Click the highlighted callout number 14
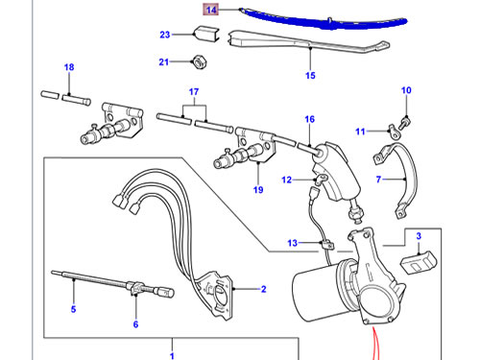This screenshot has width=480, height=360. pos(211,10)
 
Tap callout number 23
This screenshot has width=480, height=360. pos(165,35)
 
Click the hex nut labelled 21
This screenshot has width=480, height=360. pos(200,61)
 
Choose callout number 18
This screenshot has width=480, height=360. pos(69,67)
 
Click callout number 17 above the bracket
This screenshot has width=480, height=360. pos(194,92)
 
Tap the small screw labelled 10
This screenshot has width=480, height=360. pos(405,122)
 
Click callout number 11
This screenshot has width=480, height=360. pos(360,132)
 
